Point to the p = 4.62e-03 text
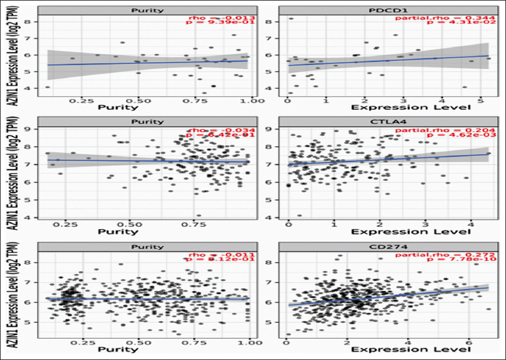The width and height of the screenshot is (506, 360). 462,138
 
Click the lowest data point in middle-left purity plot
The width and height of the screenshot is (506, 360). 199,216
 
